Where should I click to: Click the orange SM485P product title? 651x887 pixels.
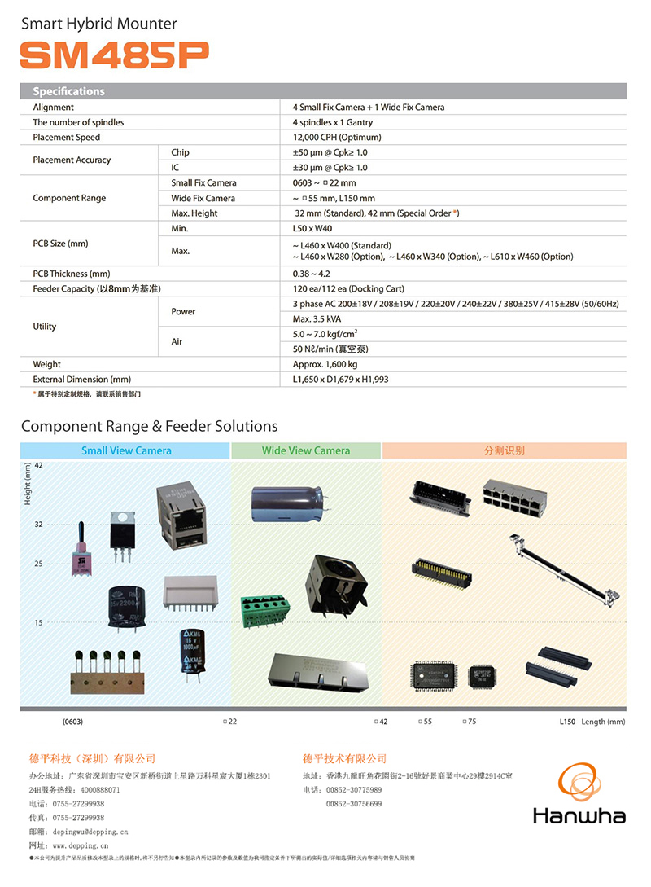click(114, 55)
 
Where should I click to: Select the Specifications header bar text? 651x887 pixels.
click(68, 91)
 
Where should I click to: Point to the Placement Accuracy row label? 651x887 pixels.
click(72, 160)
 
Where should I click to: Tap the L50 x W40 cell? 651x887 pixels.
click(312, 229)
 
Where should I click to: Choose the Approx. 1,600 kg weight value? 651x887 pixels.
click(325, 364)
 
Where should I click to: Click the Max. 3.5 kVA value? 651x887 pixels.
click(318, 319)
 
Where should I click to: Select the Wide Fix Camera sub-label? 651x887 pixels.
click(203, 198)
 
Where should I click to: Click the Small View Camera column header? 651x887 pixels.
click(126, 450)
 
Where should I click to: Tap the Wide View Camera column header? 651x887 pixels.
click(306, 450)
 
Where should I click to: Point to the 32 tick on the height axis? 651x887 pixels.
click(38, 525)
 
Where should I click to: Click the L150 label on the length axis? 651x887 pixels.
click(567, 722)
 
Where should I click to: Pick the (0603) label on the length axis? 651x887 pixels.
click(72, 722)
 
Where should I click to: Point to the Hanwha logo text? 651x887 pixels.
click(579, 815)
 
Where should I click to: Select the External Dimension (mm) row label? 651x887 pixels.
click(81, 380)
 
